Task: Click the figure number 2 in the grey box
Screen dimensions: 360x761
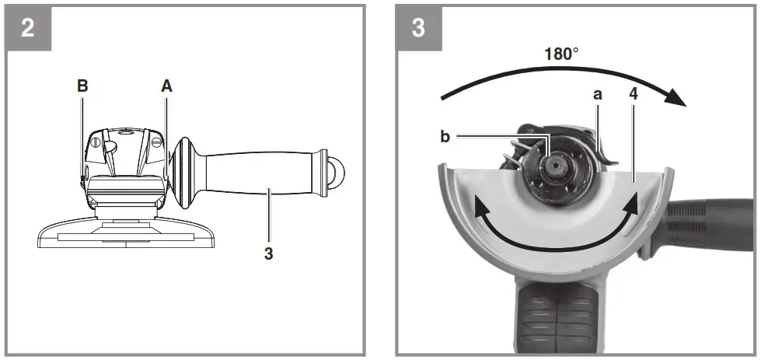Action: (x=29, y=28)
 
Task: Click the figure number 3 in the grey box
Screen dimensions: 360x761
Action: (x=417, y=28)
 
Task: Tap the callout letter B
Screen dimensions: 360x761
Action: (x=82, y=86)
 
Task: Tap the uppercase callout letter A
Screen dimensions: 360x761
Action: (x=166, y=86)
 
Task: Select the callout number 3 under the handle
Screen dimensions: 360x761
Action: (x=268, y=253)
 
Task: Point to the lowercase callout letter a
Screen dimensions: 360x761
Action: (x=598, y=94)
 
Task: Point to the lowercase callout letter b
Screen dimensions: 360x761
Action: (x=445, y=137)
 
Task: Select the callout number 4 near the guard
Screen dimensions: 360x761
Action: (x=634, y=94)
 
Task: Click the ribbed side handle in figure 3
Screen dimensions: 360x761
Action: (x=711, y=221)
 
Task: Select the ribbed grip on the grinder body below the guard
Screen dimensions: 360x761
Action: (x=556, y=319)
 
